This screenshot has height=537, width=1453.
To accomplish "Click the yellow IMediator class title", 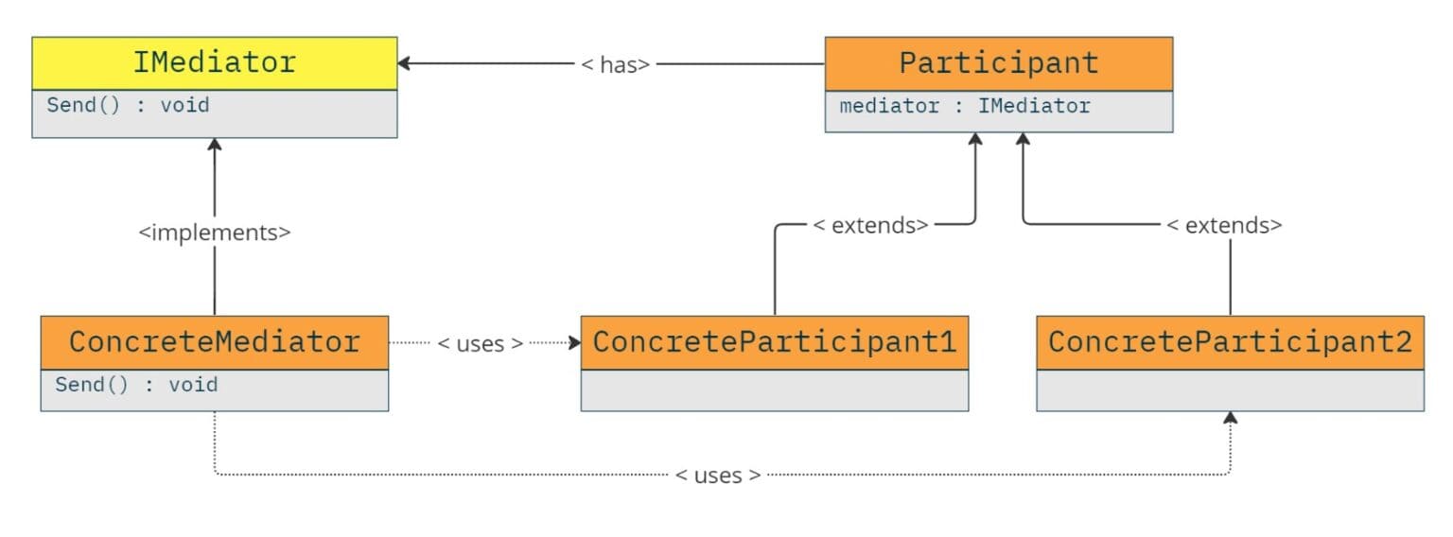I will (214, 62).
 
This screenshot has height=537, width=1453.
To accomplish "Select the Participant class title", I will (998, 62).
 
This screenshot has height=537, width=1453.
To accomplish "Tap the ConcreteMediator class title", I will (214, 341).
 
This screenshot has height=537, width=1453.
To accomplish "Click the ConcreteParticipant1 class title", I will (774, 341).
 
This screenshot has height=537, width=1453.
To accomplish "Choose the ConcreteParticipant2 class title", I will (1229, 341).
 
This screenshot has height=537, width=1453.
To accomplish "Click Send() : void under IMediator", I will (128, 105).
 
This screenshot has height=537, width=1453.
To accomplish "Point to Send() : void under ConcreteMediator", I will (136, 385).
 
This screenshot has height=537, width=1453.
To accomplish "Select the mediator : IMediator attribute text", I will (964, 106).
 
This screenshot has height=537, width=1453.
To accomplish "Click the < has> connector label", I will (615, 64).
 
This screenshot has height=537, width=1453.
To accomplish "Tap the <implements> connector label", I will (215, 232).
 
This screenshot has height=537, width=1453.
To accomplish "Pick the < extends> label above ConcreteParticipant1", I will (870, 226).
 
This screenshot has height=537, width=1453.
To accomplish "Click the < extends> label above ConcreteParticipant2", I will (1223, 226).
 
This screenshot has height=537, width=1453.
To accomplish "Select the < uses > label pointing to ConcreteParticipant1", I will (481, 343).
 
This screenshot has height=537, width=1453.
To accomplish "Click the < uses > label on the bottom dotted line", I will (718, 475).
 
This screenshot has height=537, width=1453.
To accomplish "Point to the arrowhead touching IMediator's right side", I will (404, 63).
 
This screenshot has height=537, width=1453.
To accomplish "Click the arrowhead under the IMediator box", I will (215, 145).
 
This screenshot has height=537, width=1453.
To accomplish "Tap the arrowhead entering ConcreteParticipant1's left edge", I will (574, 342).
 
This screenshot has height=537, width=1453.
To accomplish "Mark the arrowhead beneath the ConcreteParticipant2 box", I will (1230, 418).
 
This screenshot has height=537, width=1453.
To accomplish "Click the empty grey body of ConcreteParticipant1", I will (774, 390).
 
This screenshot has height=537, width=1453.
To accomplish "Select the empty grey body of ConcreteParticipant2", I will (1229, 390).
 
